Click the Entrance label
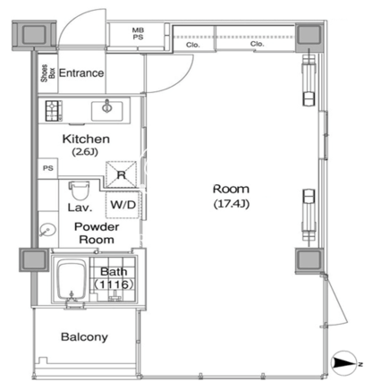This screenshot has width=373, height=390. [x=81, y=73]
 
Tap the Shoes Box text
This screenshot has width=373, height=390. [x=48, y=73]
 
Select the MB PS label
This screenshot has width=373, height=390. [x=138, y=34]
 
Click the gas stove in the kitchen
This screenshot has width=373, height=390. [x=54, y=111]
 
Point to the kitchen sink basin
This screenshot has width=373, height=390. [x=107, y=111]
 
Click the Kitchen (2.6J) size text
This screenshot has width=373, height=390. [x=85, y=152]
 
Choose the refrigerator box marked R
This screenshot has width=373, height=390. [x=122, y=174]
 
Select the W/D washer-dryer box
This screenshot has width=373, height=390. [x=123, y=205]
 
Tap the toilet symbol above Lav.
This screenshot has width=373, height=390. [x=79, y=191]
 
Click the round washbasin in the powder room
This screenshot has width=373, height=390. [x=47, y=231]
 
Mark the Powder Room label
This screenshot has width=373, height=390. [x=97, y=233]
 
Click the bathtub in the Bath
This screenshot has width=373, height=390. [x=72, y=280]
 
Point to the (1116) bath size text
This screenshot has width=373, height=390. [x=114, y=284]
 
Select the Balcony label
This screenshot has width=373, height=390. [x=84, y=337]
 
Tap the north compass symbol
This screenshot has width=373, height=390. [x=344, y=363]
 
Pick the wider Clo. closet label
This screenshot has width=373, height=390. [x=258, y=44]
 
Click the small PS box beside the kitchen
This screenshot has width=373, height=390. [x=48, y=168]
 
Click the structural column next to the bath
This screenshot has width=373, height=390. [x=34, y=259]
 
